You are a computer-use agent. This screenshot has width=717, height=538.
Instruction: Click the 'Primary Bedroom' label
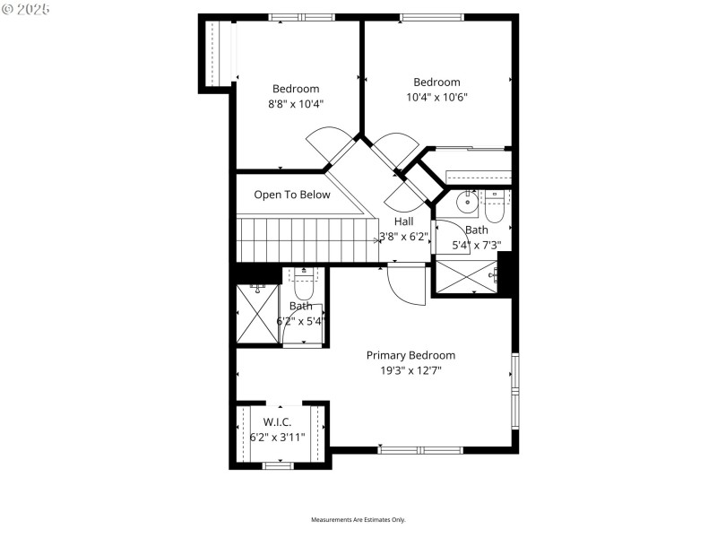pos(410,355)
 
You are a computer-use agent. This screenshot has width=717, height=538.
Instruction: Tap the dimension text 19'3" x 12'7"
pos(410,369)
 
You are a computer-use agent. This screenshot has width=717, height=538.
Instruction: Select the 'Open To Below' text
pos(291,195)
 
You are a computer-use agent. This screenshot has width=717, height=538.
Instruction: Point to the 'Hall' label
pos(403,221)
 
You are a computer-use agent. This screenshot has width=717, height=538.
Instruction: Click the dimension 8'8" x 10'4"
pos(296,104)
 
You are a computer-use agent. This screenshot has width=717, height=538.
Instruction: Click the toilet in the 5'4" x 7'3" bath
pos(495,205)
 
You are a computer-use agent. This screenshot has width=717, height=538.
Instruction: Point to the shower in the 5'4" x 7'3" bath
pos(465,276)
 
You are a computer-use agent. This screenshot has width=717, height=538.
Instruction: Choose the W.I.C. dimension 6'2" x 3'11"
pos(278,438)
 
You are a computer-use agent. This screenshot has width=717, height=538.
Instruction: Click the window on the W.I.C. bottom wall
pos(278,464)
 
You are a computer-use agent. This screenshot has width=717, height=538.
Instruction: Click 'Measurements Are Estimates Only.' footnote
pos(358,520)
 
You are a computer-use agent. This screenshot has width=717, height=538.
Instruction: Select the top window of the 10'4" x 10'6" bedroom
pos(432,16)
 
